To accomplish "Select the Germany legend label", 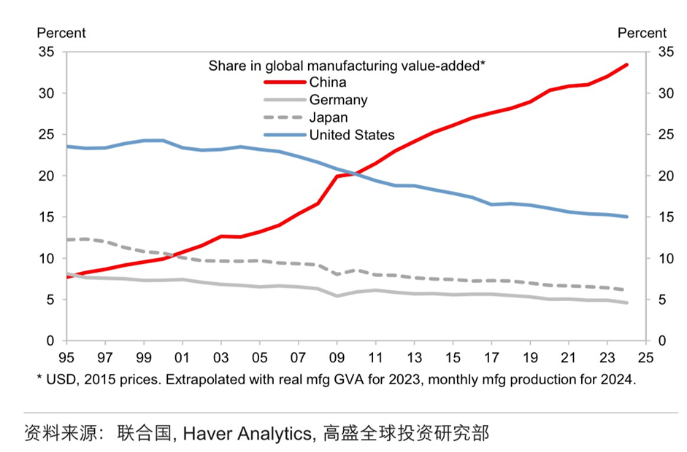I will (338, 100).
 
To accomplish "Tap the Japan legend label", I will (328, 117).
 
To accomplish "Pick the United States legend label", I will (351, 135).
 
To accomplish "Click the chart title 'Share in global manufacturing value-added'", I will (347, 66).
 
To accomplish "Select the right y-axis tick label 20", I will (665, 176).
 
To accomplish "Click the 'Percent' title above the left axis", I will (61, 33).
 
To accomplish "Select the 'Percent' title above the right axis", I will (642, 33).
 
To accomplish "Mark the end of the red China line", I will (626, 65).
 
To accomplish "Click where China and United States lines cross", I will (354, 174).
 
